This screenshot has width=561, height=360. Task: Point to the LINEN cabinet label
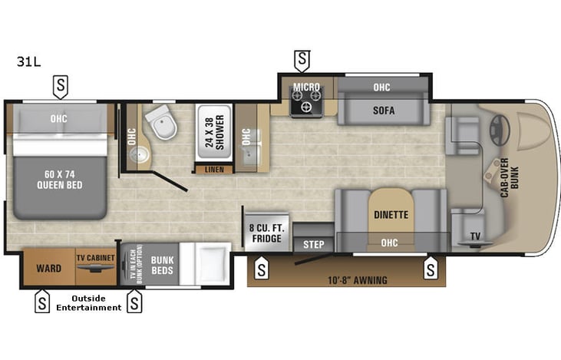click(x=214, y=169)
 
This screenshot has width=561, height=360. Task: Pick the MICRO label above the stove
click(x=306, y=88)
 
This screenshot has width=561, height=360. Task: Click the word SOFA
click(x=384, y=111)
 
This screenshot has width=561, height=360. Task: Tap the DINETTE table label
click(x=391, y=215)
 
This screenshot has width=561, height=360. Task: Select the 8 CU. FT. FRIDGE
click(x=265, y=233)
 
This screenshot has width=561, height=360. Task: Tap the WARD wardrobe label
click(x=48, y=269)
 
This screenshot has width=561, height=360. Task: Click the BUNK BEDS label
click(x=162, y=265)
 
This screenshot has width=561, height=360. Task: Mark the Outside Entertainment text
click(x=88, y=303)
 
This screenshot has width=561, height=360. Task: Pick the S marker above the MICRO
click(x=302, y=59)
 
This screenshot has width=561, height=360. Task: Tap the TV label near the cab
click(x=474, y=236)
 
